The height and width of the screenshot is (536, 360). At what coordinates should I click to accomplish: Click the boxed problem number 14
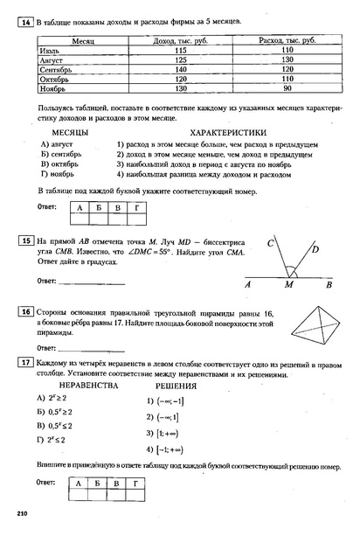point(25,19)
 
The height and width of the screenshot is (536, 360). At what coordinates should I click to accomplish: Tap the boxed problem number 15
point(25,239)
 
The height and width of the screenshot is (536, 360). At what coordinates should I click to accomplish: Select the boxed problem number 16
point(25,310)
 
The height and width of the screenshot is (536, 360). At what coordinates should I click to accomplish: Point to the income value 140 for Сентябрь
point(181,70)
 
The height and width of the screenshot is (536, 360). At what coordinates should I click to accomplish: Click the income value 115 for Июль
point(181,51)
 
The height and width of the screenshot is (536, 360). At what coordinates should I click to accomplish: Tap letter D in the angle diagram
point(314,247)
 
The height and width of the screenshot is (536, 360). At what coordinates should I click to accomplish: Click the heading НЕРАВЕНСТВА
point(87,385)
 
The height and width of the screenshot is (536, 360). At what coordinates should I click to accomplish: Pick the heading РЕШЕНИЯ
point(175,385)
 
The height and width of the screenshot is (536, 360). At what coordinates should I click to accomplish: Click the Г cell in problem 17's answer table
point(135,483)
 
